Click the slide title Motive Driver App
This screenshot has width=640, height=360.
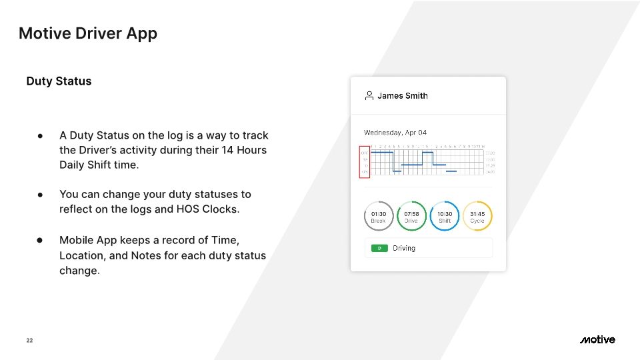pyautogui.click(x=88, y=33)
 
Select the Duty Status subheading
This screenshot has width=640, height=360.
pyautogui.click(x=59, y=81)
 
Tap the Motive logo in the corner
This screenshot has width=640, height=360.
pyautogui.click(x=597, y=340)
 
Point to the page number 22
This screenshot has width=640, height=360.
pyautogui.click(x=29, y=341)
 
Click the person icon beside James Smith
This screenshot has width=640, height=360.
pyautogui.click(x=369, y=95)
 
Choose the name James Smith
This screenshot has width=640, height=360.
pyautogui.click(x=403, y=95)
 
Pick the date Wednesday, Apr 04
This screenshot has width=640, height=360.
pyautogui.click(x=395, y=133)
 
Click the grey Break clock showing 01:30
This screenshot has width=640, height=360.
pyautogui.click(x=378, y=217)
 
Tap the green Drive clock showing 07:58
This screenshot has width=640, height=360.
pyautogui.click(x=411, y=217)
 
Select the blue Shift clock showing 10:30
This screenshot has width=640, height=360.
pyautogui.click(x=445, y=217)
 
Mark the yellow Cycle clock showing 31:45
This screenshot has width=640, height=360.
pyautogui.click(x=477, y=217)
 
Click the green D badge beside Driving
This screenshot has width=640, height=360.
pyautogui.click(x=379, y=248)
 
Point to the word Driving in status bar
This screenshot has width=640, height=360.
pyautogui.click(x=404, y=248)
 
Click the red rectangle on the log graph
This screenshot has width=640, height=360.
pyautogui.click(x=364, y=161)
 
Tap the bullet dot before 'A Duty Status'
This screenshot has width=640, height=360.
pyautogui.click(x=41, y=135)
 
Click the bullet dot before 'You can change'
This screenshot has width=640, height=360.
pyautogui.click(x=41, y=195)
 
